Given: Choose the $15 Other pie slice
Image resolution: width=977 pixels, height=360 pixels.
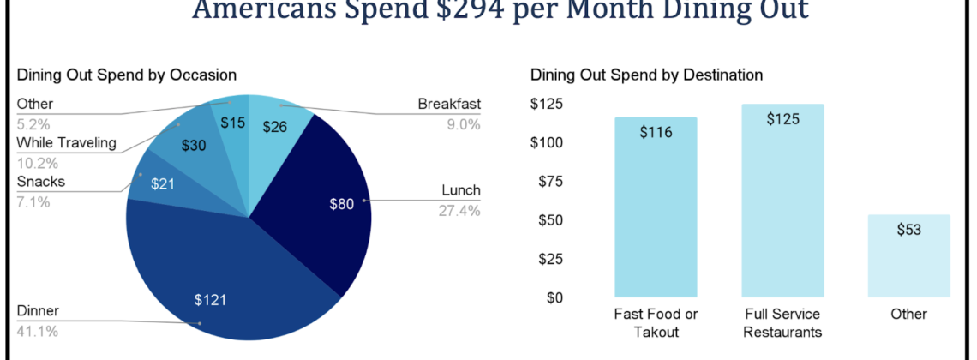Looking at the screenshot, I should (231, 122).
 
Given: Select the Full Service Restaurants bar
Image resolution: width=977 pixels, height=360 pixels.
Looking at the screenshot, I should (782, 206).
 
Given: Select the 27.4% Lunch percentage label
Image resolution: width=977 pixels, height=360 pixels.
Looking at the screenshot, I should (459, 210).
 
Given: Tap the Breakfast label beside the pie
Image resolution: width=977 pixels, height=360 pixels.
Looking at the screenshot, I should (449, 105).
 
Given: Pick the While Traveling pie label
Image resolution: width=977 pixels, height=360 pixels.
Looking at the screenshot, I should (66, 142).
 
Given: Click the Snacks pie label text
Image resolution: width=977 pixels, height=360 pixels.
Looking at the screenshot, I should (41, 182).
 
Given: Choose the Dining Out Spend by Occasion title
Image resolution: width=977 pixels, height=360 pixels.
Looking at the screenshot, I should (126, 75).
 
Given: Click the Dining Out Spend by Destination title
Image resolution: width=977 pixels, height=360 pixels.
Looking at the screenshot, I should (646, 75).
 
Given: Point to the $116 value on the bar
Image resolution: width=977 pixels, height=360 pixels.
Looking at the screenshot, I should (656, 132).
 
